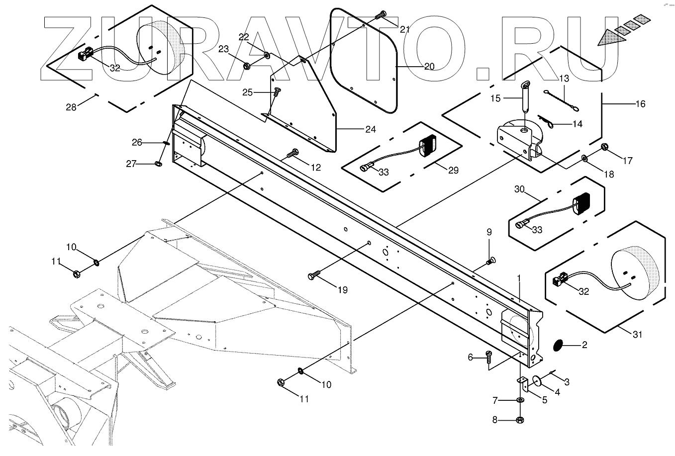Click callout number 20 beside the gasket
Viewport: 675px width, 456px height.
coord(429,66)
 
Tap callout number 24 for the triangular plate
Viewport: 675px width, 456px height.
coord(370,130)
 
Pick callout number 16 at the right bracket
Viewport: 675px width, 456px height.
coord(640,103)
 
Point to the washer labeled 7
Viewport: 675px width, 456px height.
coord(520,400)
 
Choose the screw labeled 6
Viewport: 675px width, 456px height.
coord(488,357)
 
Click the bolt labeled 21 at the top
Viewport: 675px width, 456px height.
coord(382,14)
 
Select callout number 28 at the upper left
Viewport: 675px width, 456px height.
coord(72,107)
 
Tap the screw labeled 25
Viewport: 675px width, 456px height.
coord(277,92)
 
